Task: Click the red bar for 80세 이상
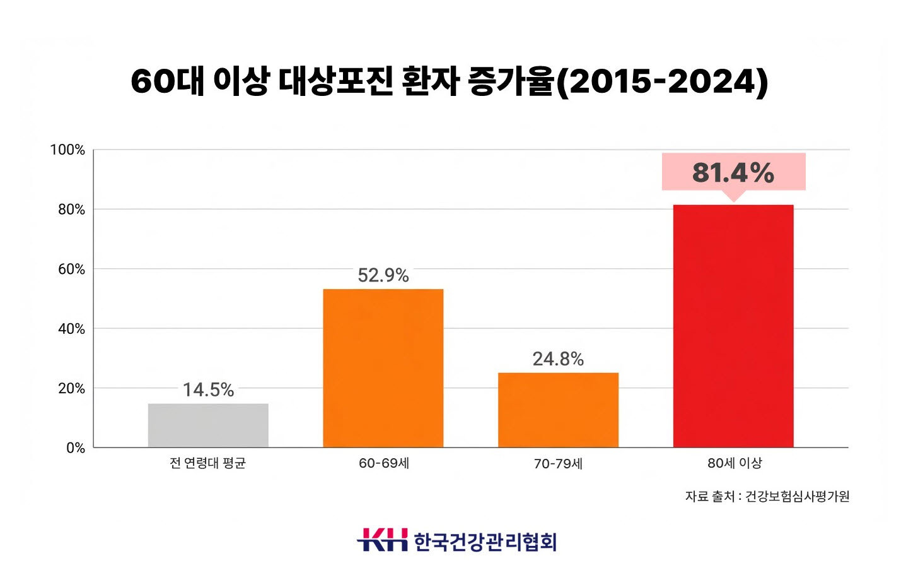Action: (733, 326)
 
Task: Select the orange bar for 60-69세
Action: (383, 368)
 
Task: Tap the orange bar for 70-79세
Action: (558, 410)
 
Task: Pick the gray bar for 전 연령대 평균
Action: (208, 425)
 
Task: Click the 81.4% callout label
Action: (733, 172)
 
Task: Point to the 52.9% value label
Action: (383, 275)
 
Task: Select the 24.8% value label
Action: (558, 359)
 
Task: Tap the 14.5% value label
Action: (208, 390)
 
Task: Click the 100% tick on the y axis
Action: (67, 150)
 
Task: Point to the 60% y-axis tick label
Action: (71, 270)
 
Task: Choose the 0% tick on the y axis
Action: (75, 448)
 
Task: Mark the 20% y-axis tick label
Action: (71, 389)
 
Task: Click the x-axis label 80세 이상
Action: (735, 463)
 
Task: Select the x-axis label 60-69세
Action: (384, 463)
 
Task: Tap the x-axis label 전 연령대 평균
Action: (207, 463)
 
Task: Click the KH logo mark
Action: (383, 540)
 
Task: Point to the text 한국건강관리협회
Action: (485, 542)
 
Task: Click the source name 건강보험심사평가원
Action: (797, 497)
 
